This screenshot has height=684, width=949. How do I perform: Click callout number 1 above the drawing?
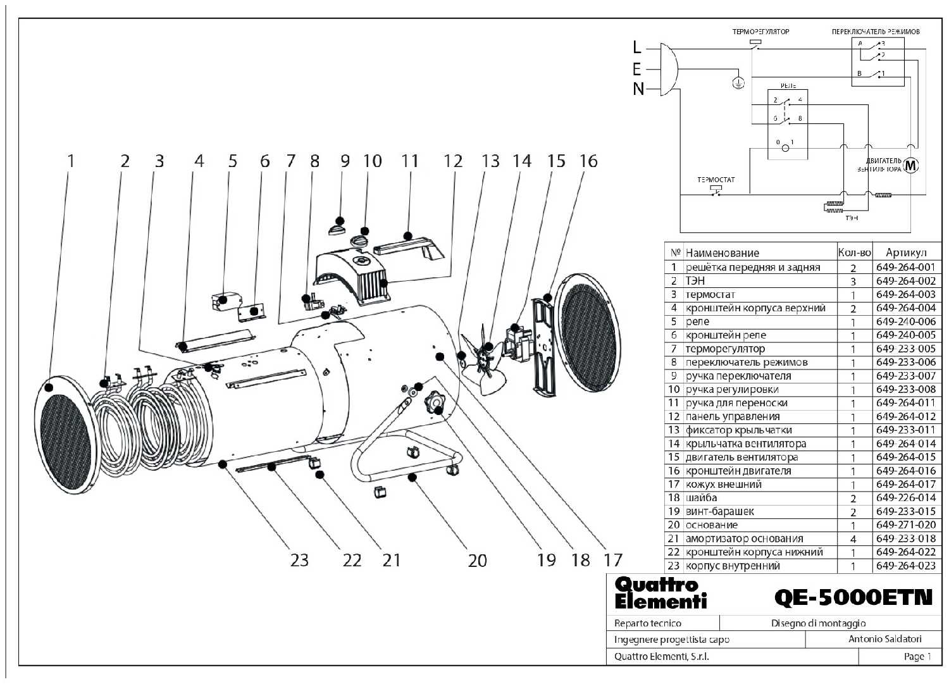[71, 161]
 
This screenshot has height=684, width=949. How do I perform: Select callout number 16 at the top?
[588, 161]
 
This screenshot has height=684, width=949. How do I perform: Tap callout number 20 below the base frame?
[478, 561]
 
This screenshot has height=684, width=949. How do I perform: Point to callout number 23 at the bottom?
[299, 561]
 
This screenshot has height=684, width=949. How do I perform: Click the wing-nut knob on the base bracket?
[435, 401]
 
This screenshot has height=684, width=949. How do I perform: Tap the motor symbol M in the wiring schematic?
[911, 166]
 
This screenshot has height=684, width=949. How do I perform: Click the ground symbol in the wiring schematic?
[738, 82]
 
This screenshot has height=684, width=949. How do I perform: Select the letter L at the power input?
[637, 47]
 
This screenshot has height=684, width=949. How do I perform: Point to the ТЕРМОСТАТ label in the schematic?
[716, 180]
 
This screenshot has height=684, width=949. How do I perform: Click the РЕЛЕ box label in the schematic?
[788, 85]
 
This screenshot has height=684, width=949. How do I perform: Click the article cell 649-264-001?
[905, 267]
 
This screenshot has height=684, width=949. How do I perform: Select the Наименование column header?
[722, 252]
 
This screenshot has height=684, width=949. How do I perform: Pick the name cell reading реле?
[697, 321]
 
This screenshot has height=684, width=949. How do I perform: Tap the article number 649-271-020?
[905, 525]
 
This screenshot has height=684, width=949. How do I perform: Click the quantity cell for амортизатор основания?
[853, 539]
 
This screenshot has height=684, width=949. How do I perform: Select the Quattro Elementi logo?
[659, 593]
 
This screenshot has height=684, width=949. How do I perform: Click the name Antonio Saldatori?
[884, 639]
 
